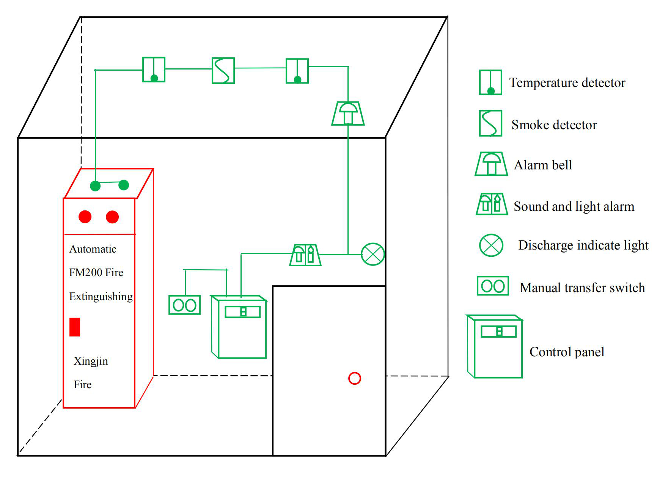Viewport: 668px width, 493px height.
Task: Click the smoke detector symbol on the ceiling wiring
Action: click(223, 71)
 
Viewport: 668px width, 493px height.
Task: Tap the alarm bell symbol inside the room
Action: click(348, 114)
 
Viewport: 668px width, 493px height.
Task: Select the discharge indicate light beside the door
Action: click(373, 254)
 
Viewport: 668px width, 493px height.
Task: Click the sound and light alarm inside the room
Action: click(305, 255)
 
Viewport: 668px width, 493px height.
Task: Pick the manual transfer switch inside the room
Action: click(184, 305)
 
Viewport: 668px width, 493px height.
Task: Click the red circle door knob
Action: click(354, 378)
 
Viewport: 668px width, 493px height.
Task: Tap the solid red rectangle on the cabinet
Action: click(75, 327)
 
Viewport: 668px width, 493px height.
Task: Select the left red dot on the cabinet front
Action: click(85, 217)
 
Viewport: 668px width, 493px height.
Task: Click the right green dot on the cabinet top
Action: click(124, 185)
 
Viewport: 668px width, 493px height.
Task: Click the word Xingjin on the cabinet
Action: click(91, 361)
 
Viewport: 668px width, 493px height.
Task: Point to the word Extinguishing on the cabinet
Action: click(101, 296)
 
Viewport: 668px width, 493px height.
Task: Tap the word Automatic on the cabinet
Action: click(93, 249)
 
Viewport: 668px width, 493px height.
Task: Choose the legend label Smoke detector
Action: click(554, 125)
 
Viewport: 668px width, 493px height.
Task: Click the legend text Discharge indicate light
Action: click(583, 245)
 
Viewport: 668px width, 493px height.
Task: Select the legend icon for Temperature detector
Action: click(490, 82)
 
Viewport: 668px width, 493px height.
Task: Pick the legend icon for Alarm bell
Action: click(491, 164)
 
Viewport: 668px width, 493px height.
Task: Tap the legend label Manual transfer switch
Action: click(582, 288)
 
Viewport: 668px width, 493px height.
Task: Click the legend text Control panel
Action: click(567, 352)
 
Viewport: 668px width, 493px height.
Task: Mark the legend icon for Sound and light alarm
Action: click(492, 204)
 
